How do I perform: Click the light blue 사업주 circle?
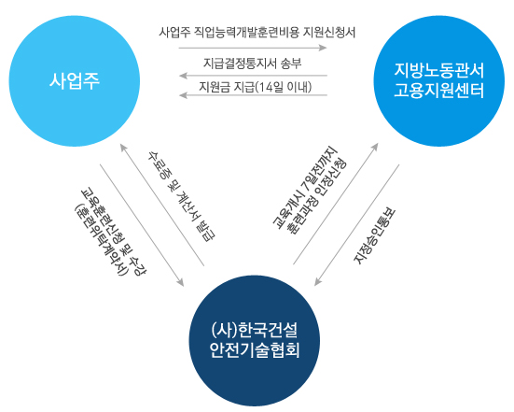click(75, 80)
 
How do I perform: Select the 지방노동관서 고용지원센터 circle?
click(439, 80)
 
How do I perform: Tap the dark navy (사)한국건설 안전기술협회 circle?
click(255, 341)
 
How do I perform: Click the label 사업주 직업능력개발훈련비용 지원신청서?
click(257, 33)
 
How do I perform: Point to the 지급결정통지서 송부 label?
click(253, 63)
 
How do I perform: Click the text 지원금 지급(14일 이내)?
click(255, 87)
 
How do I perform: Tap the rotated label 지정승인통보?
click(374, 236)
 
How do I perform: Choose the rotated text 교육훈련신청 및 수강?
click(114, 232)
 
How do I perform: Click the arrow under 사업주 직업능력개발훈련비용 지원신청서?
click(253, 48)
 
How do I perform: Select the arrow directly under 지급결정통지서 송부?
click(253, 76)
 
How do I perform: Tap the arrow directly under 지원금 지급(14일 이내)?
click(253, 95)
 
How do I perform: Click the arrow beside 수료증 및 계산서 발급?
click(162, 205)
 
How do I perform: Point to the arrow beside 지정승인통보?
click(356, 225)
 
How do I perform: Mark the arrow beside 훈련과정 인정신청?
click(336, 204)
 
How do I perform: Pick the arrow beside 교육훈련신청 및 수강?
click(142, 225)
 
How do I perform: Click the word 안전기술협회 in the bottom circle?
click(255, 350)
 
